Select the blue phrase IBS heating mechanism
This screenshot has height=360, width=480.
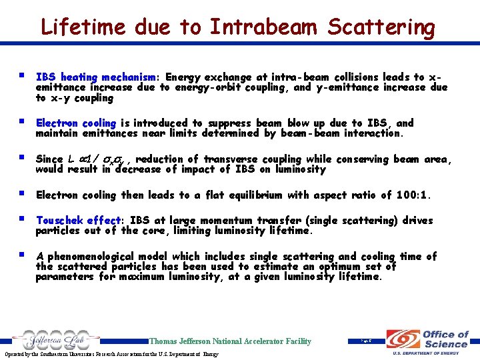[98, 77]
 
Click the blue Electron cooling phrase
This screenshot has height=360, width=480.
[76, 123]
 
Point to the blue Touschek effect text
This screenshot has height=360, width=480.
[77, 221]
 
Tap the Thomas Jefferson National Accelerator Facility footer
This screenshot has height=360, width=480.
[230, 341]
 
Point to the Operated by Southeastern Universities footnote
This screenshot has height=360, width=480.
[109, 354]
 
